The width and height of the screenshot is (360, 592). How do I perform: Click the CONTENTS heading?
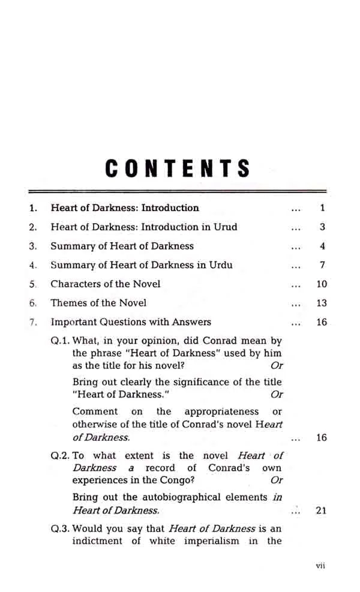coord(178,169)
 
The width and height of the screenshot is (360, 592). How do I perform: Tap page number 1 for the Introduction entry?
coord(322,208)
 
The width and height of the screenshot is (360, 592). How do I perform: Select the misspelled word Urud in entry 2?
coord(224,227)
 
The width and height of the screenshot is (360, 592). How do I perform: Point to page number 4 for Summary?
coord(322,247)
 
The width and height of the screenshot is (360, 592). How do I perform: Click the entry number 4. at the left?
coord(34,265)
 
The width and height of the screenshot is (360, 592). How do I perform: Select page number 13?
coord(322,303)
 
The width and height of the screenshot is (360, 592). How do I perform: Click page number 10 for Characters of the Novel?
coord(322,284)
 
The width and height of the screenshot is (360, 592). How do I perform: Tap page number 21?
coord(322,511)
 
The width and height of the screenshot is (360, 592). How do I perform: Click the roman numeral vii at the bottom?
coord(320,566)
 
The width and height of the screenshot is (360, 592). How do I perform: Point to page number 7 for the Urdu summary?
coord(322,265)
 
